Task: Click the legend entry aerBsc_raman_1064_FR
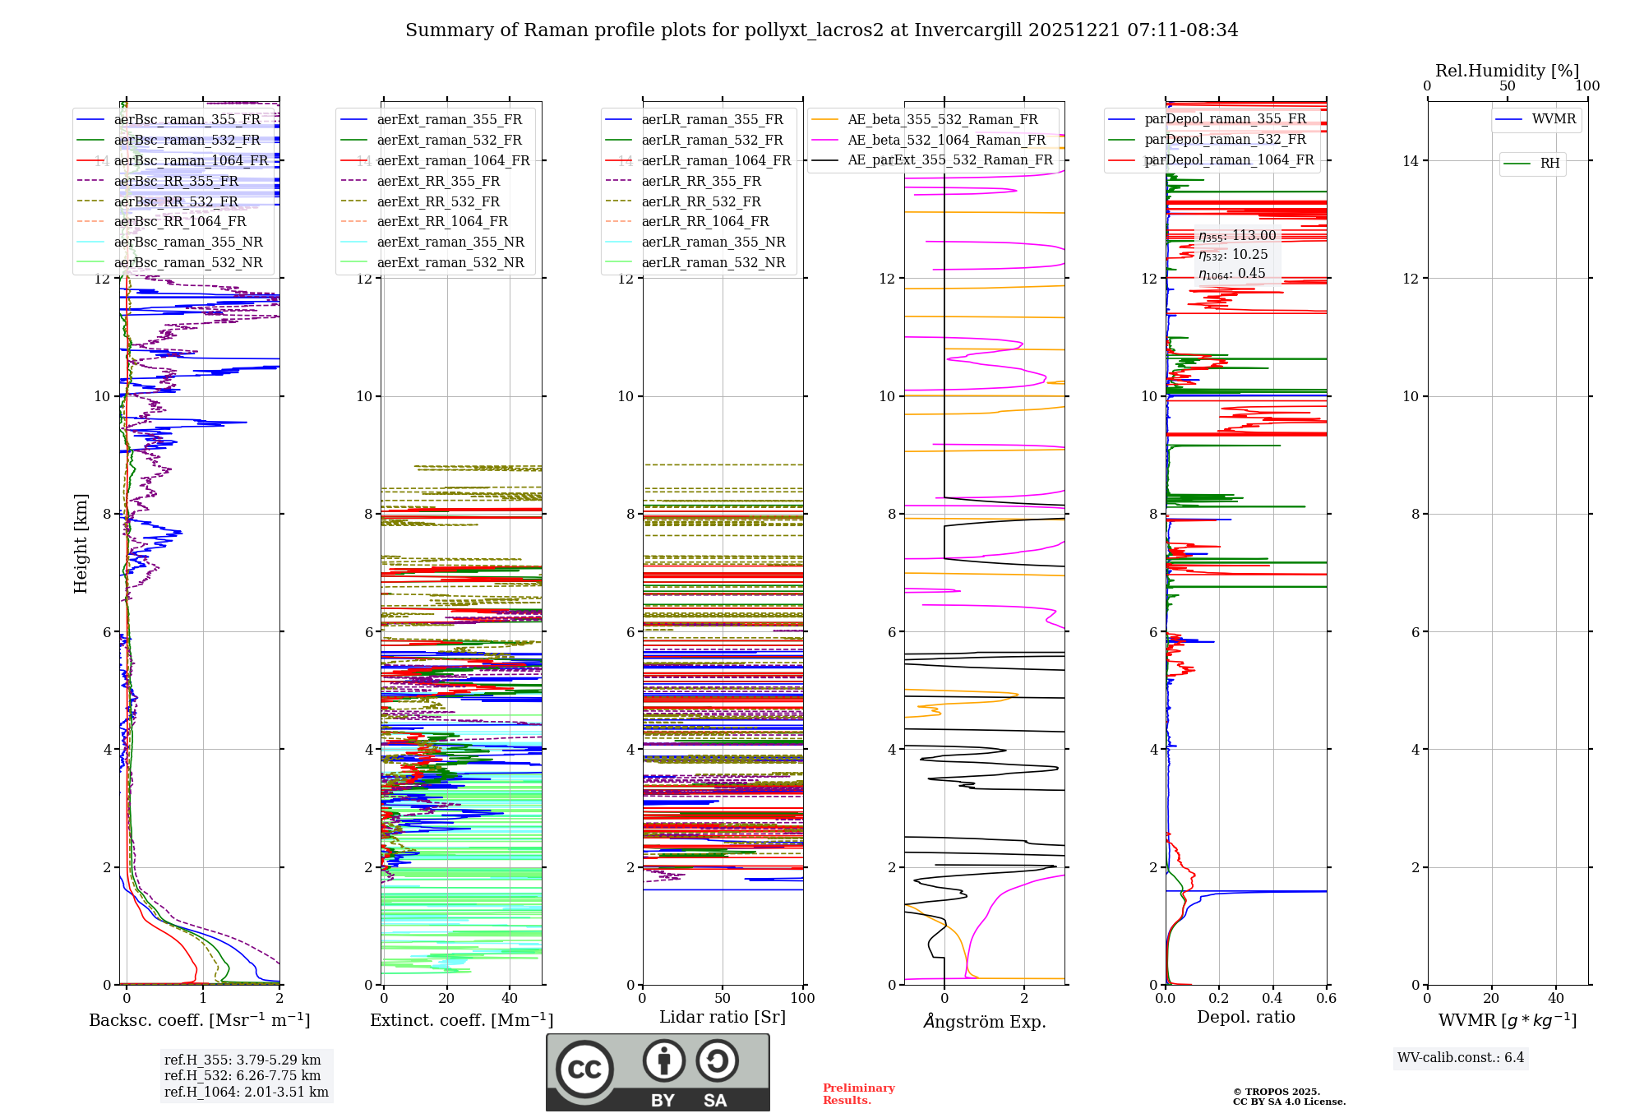191,161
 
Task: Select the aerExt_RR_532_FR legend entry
438,202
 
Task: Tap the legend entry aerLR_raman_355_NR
713,243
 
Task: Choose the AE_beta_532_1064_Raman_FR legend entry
946,141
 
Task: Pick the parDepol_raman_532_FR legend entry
1225,140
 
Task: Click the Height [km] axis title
81,543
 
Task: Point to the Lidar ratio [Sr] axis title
723,1018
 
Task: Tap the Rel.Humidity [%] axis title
1507,71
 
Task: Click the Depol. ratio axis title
1245,1018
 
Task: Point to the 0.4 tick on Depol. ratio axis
1272,999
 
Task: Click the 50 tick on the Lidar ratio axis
723,999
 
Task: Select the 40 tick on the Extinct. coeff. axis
510,999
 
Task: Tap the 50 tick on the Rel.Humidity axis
1508,86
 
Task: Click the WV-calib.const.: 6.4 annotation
1461,1058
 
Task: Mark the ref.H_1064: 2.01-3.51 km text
247,1093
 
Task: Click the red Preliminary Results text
858,1094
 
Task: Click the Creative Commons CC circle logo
584,1069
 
